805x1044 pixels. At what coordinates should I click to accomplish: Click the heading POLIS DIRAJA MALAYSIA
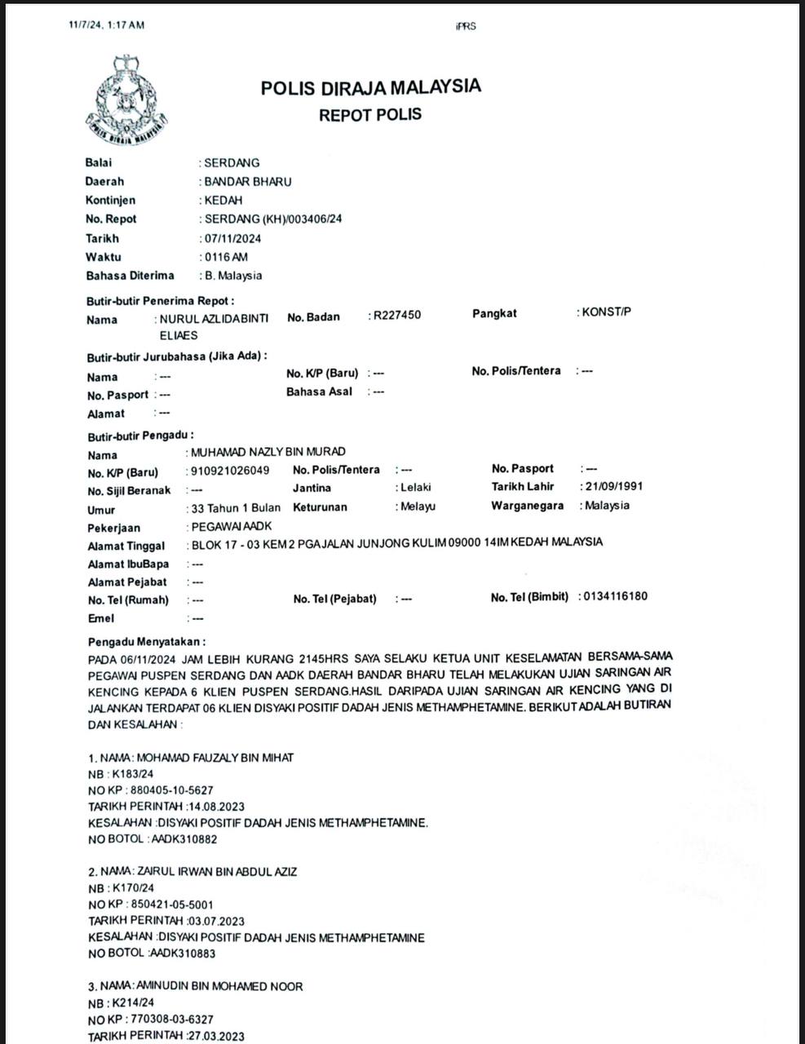[370, 87]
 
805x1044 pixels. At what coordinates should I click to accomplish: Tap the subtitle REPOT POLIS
[370, 115]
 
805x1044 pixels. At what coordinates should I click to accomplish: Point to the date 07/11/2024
[233, 239]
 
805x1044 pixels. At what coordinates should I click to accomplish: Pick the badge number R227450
[397, 315]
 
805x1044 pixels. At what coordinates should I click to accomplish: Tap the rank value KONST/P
[606, 312]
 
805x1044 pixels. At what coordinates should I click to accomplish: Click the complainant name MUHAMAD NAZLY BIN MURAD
[268, 452]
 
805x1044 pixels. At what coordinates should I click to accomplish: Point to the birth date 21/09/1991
[614, 486]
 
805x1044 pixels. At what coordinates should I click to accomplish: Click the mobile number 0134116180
[616, 596]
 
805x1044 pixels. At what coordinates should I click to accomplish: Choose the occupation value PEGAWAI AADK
[232, 527]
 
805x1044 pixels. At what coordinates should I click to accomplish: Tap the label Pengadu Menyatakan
[147, 642]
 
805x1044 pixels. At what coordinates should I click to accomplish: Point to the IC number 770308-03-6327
[172, 1020]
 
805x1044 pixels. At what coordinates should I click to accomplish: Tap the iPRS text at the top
[466, 26]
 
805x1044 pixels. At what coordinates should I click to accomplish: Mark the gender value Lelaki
[416, 487]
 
